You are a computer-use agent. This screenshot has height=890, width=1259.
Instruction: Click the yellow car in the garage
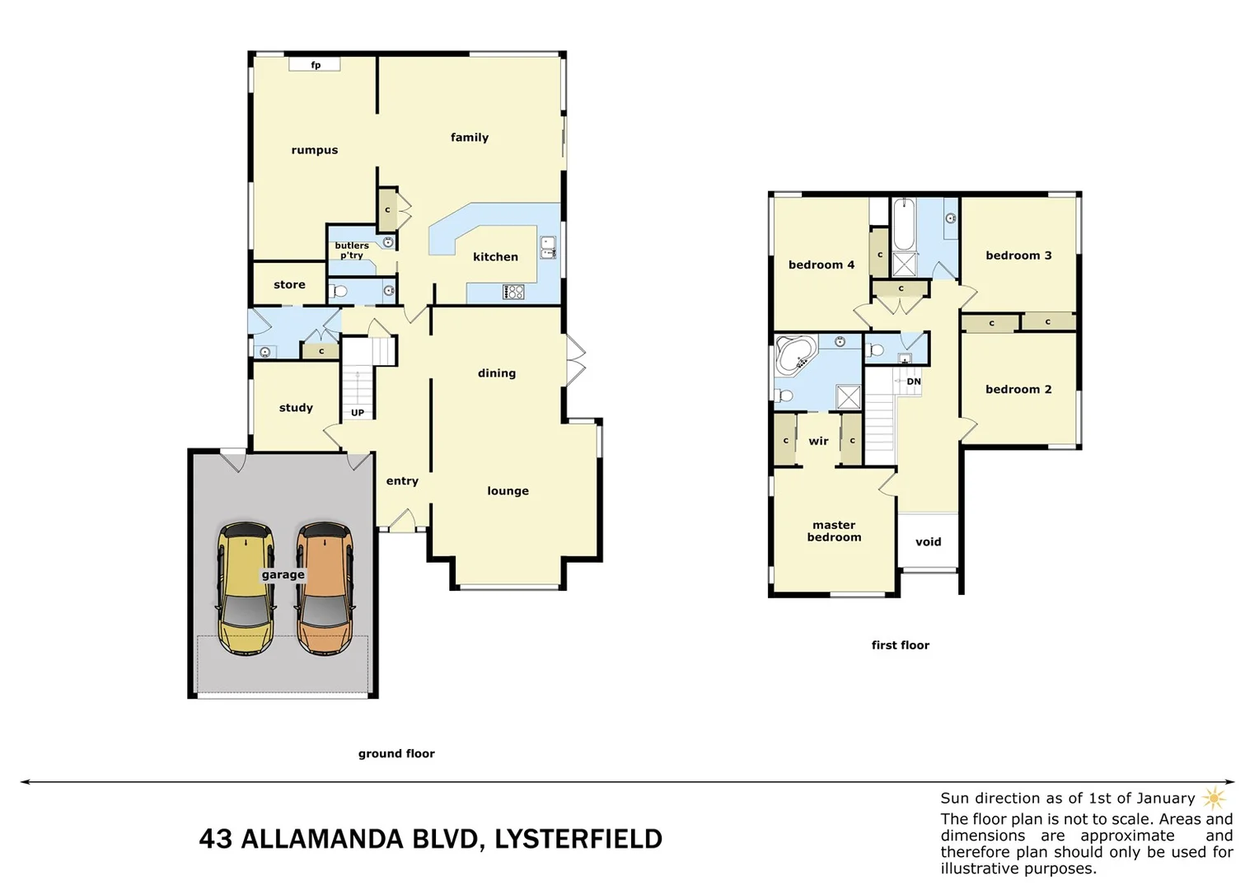(x=246, y=588)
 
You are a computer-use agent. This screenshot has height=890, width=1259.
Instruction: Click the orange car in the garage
(x=325, y=588)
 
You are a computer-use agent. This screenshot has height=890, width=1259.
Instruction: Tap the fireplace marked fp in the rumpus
(x=315, y=65)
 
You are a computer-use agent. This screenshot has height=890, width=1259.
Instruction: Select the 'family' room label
(x=470, y=138)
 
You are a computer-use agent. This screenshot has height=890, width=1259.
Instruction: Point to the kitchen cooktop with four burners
(x=513, y=292)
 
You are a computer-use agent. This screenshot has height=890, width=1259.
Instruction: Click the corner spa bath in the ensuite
(x=796, y=354)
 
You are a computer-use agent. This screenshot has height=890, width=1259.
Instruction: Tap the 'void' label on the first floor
(x=928, y=541)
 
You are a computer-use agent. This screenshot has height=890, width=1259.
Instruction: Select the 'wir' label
(x=818, y=441)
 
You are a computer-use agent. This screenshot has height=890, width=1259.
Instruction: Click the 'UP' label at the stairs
(x=358, y=413)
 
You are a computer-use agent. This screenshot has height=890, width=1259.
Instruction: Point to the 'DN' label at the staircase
(x=914, y=382)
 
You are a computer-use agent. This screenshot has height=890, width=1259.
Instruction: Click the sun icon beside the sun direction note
(x=1214, y=798)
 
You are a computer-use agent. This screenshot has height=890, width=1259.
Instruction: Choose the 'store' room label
(x=289, y=284)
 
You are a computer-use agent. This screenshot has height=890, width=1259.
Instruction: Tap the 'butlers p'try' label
(x=352, y=251)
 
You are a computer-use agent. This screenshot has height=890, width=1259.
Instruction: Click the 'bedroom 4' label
(x=821, y=265)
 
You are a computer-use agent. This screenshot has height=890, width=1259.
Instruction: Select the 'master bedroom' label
(x=834, y=531)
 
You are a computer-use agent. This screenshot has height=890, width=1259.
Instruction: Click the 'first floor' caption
(x=900, y=645)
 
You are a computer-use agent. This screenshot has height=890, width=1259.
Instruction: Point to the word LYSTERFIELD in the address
(x=578, y=839)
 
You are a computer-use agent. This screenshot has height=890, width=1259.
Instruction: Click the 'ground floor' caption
(x=396, y=753)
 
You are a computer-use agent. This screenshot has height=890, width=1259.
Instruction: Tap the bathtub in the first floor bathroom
(x=904, y=225)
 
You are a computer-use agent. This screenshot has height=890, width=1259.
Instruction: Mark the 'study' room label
(x=296, y=408)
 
